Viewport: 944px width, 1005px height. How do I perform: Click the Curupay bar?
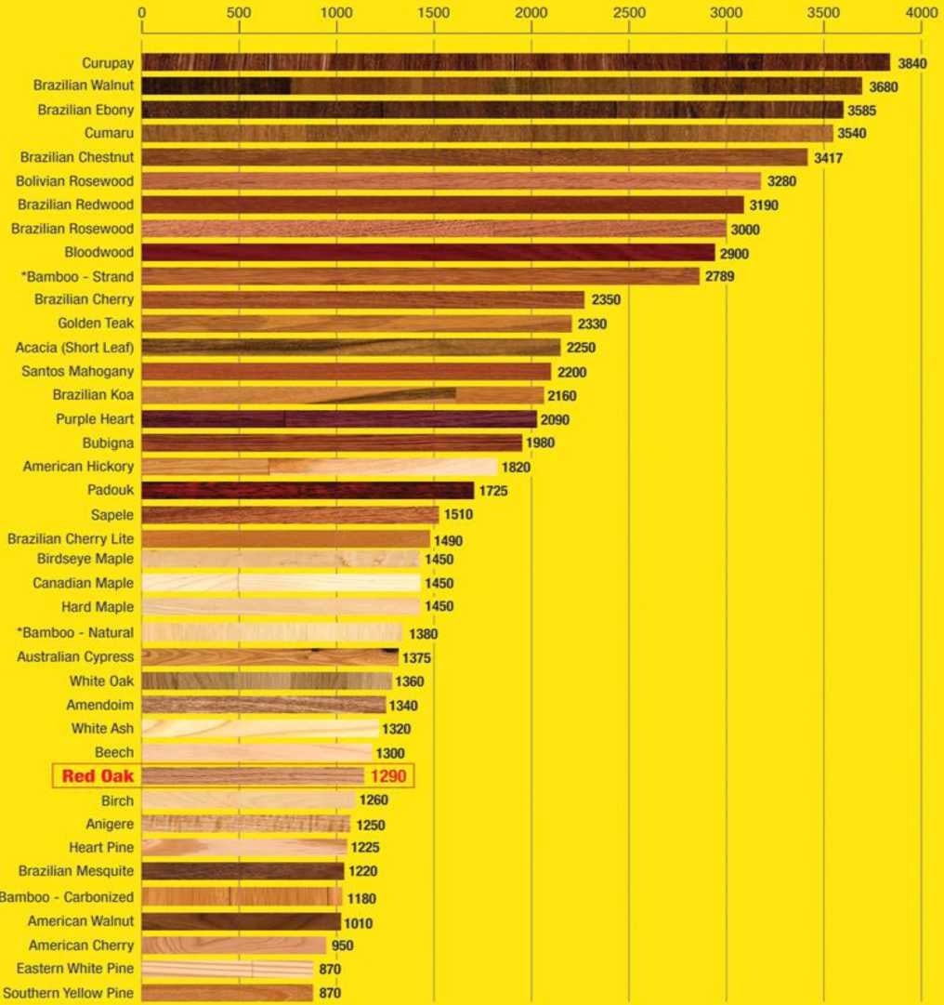pyautogui.click(x=516, y=62)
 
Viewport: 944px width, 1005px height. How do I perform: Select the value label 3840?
pyautogui.click(x=912, y=63)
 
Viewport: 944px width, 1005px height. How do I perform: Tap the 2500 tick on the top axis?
pyautogui.click(x=629, y=14)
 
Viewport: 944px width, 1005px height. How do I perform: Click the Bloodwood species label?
pyautogui.click(x=98, y=252)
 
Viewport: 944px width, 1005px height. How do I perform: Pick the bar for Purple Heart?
pyautogui.click(x=339, y=419)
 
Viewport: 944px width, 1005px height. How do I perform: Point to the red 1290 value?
pyautogui.click(x=388, y=776)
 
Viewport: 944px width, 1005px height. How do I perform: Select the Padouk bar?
pyautogui.click(x=308, y=490)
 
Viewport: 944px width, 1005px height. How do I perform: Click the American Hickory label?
pyautogui.click(x=78, y=466)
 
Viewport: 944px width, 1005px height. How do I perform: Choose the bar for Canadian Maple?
pyautogui.click(x=281, y=583)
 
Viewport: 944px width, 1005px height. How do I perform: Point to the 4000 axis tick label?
pyautogui.click(x=922, y=14)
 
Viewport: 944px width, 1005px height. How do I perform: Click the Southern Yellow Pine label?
pyautogui.click(x=68, y=993)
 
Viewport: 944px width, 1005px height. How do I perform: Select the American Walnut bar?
pyautogui.click(x=242, y=921)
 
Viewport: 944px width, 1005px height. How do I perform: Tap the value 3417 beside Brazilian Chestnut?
pyautogui.click(x=827, y=157)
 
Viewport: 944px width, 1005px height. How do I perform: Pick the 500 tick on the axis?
pyautogui.click(x=239, y=14)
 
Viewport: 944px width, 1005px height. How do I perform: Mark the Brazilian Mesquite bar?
pyautogui.click(x=243, y=871)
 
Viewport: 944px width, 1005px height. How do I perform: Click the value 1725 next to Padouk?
pyautogui.click(x=493, y=490)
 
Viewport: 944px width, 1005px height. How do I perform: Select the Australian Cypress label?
pyautogui.click(x=75, y=656)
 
